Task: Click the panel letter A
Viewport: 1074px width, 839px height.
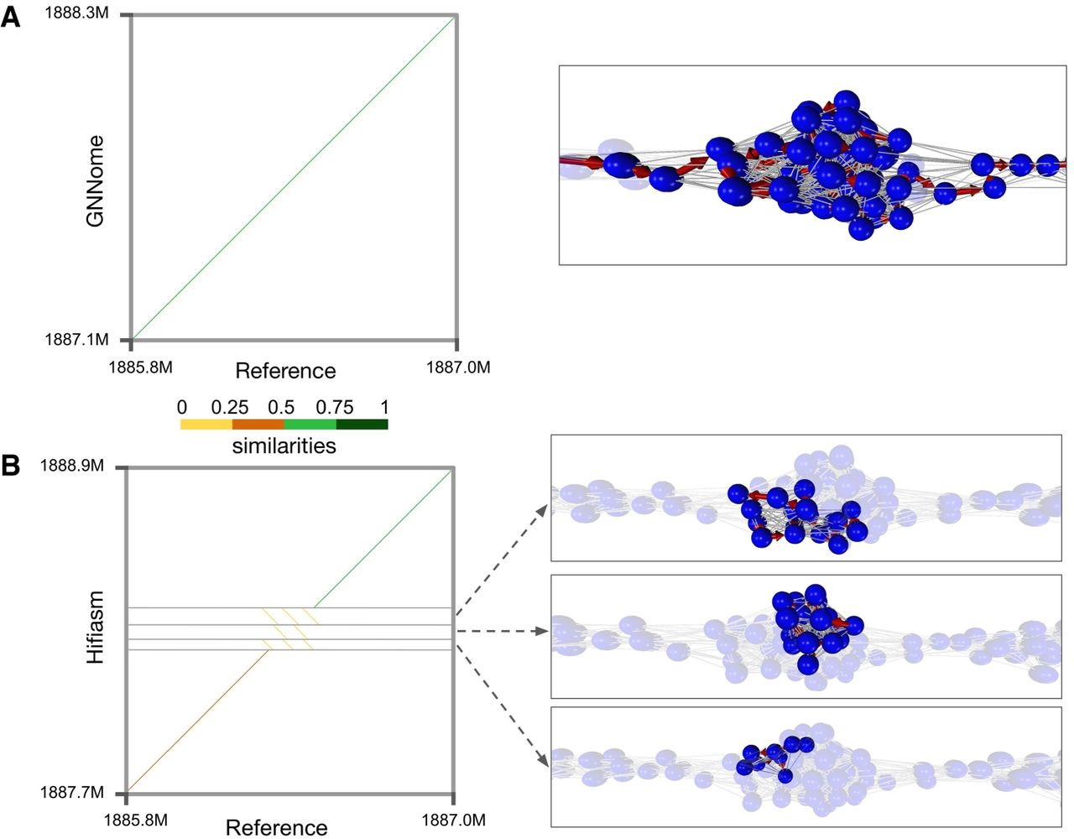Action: [11, 17]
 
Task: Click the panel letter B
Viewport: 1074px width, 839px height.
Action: [11, 466]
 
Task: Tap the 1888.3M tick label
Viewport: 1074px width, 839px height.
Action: [76, 16]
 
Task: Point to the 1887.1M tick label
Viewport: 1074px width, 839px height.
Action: [76, 340]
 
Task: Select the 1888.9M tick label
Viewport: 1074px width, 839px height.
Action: [72, 465]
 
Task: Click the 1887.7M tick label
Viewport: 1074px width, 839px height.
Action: [72, 792]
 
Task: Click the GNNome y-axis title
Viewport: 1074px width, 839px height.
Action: [96, 180]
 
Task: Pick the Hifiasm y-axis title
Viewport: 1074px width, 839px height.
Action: [96, 628]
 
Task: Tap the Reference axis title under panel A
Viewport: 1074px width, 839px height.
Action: [285, 371]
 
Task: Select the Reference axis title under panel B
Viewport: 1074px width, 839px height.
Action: [276, 827]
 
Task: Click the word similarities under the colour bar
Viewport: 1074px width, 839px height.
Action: [284, 446]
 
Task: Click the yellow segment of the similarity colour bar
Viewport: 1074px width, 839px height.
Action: [206, 425]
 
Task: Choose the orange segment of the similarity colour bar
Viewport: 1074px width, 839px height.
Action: [258, 425]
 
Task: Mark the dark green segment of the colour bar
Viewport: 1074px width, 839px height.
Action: [362, 425]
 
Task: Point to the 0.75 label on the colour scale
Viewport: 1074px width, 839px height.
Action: [334, 408]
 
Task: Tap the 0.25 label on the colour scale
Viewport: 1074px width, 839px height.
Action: [229, 408]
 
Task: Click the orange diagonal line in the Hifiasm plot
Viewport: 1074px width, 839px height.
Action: [197, 722]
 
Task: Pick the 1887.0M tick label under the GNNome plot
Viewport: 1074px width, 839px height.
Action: [458, 367]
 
